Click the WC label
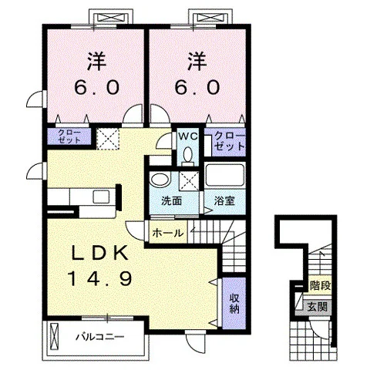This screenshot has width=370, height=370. click(188, 136)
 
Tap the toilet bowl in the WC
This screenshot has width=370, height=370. click(188, 154)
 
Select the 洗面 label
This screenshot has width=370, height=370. click(171, 201)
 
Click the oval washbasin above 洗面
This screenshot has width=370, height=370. click(160, 180)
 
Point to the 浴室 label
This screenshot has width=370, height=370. click(225, 201)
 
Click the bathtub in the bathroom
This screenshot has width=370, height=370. click(225, 175)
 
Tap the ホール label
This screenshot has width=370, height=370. click(168, 234)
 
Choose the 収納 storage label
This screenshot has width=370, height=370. click(234, 304)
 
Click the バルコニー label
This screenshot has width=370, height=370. click(100, 336)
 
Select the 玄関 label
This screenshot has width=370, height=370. click(318, 307)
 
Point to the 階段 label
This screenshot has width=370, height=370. click(320, 285)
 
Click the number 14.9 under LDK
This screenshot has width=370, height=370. click(100, 279)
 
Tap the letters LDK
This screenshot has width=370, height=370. click(100, 253)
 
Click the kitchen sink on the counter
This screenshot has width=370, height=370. click(102, 197)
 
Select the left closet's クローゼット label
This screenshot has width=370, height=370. click(69, 136)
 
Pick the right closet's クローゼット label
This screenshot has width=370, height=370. click(229, 141)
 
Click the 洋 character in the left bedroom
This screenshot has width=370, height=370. click(97, 62)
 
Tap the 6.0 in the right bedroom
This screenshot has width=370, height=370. click(197, 87)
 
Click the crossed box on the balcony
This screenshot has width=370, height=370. click(55, 337)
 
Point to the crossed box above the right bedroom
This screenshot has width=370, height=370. click(210, 18)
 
